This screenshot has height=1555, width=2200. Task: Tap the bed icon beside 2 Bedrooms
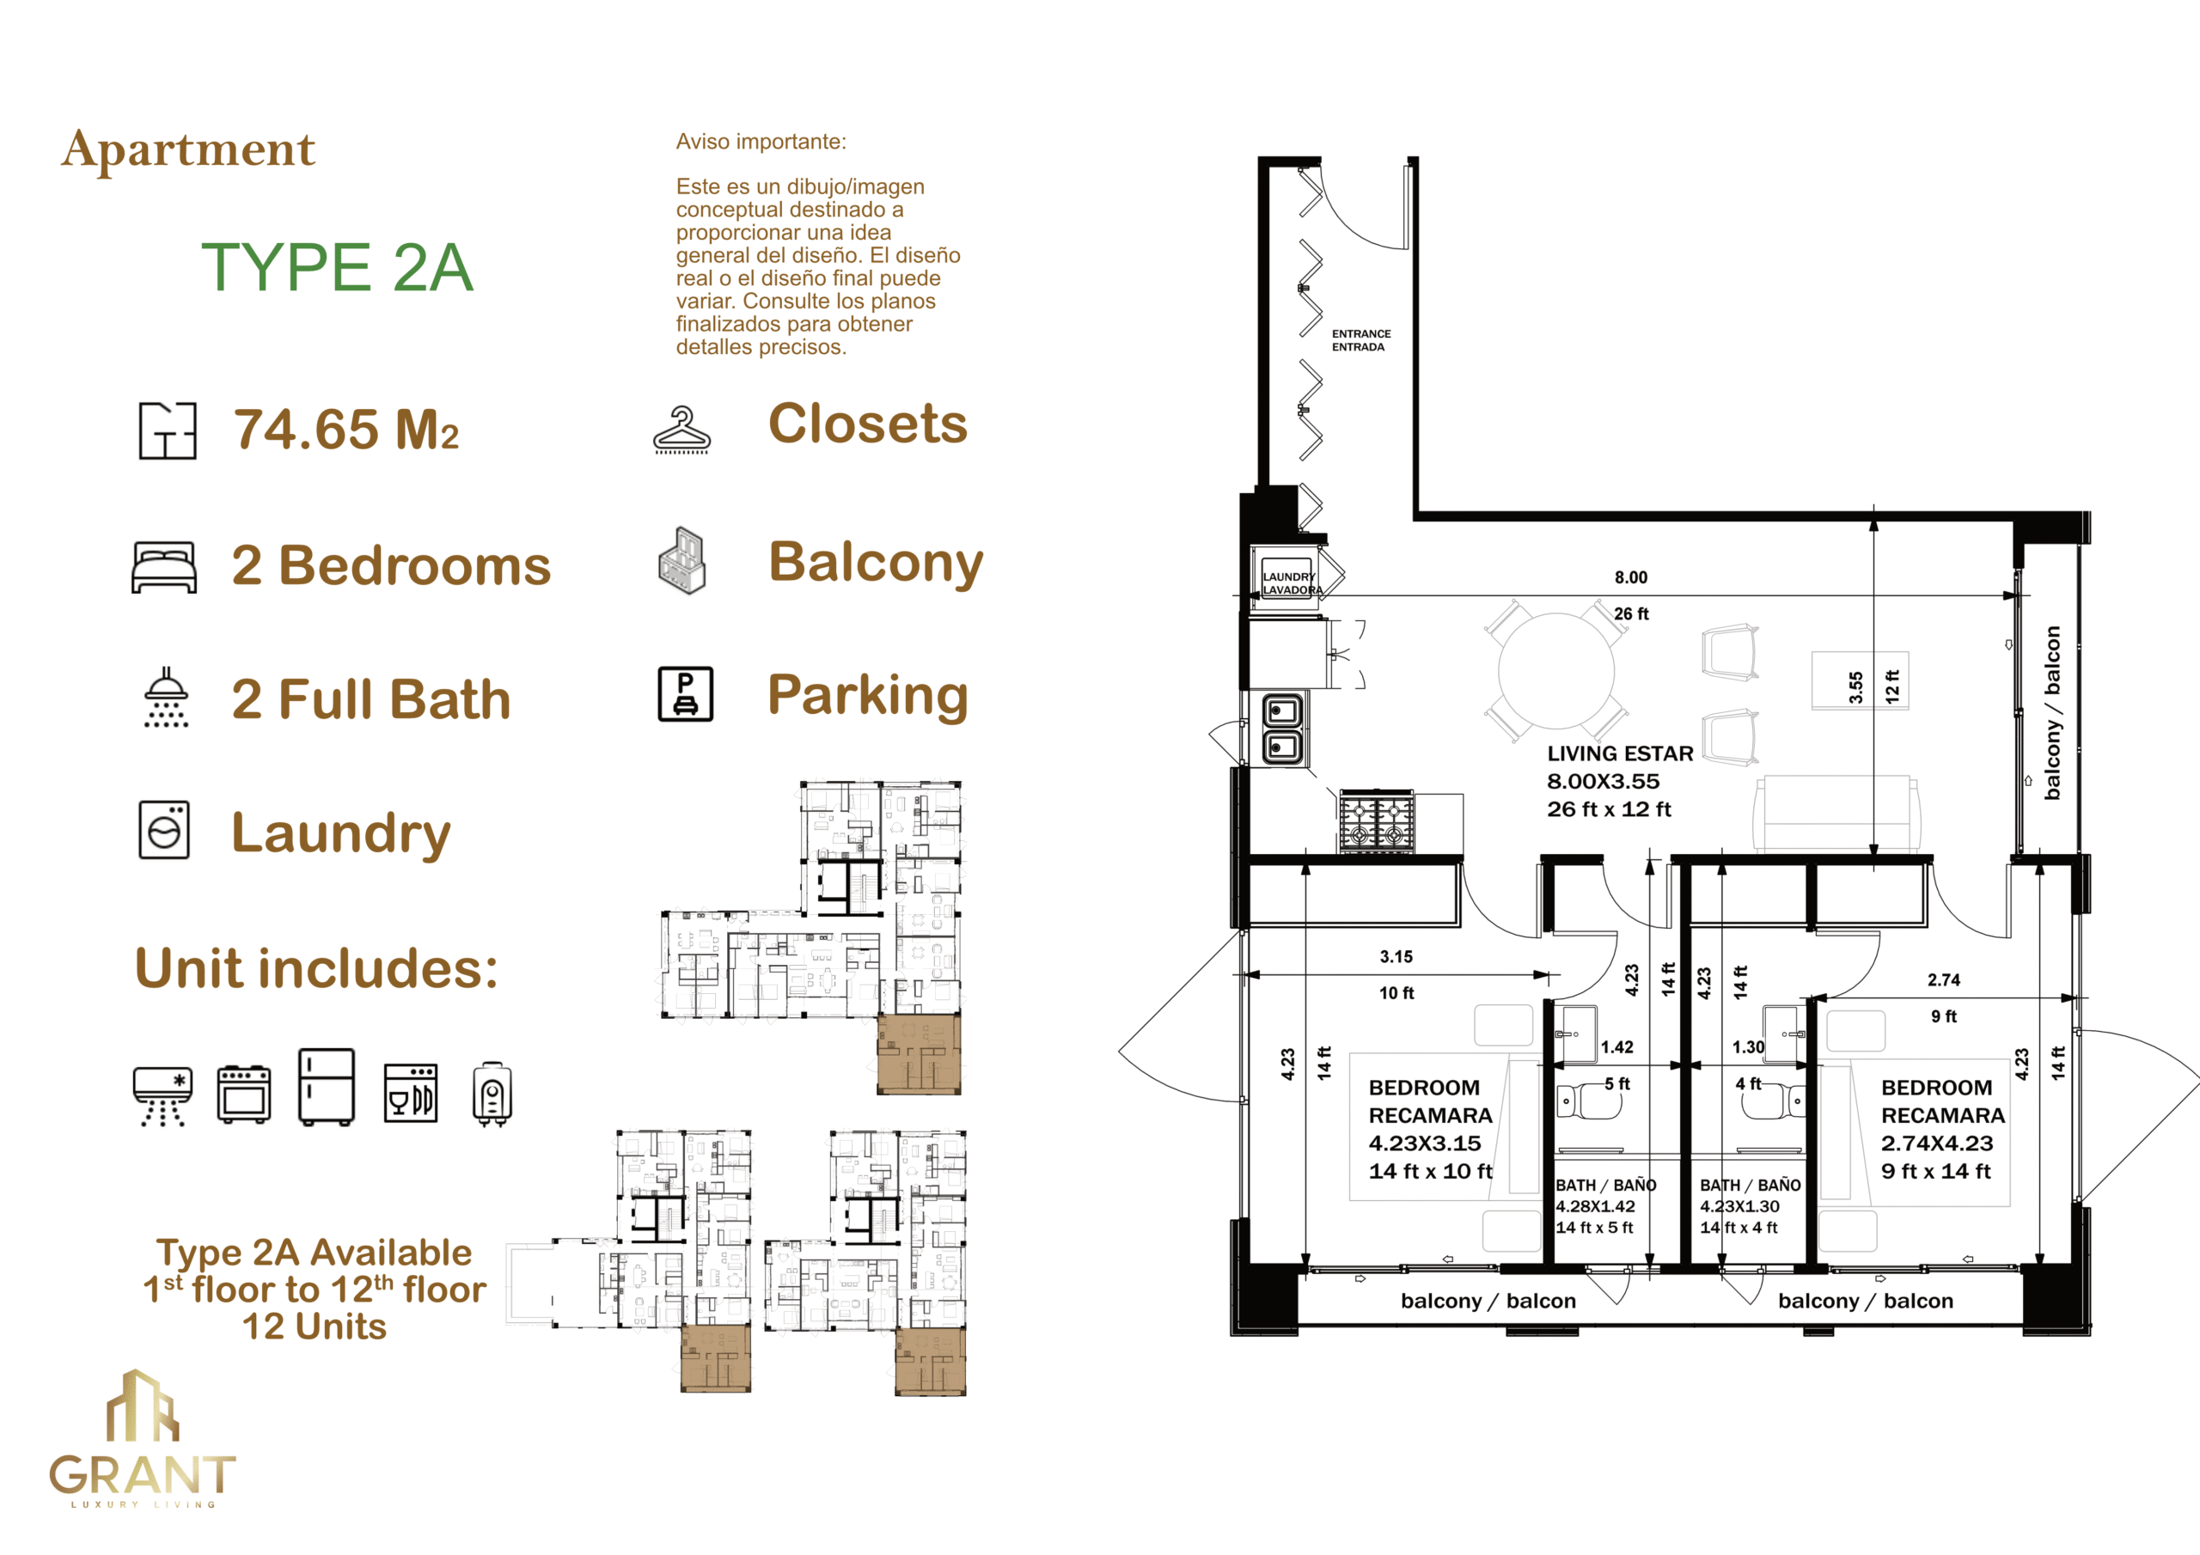[164, 567]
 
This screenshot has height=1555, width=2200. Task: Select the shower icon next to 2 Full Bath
[166, 698]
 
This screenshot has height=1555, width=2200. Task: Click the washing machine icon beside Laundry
[164, 830]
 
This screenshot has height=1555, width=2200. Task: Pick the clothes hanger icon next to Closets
[682, 430]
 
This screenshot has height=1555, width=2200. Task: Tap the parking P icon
[685, 693]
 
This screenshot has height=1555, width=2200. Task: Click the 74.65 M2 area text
[347, 430]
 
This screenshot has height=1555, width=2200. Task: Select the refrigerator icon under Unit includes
[327, 1087]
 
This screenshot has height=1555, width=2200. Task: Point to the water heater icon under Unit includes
[492, 1095]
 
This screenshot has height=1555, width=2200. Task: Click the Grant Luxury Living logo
[143, 1438]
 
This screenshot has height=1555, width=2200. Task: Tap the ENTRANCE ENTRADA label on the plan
[1360, 340]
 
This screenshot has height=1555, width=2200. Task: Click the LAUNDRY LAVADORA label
[1291, 583]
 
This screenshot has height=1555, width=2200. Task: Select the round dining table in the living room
[1556, 672]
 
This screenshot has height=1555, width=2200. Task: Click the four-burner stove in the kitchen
[1377, 820]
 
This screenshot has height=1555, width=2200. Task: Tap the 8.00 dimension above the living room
[1631, 576]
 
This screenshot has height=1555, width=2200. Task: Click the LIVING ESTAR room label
[1620, 753]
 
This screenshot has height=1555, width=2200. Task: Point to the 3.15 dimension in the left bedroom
[1396, 956]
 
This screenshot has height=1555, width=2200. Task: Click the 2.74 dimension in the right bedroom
[1944, 979]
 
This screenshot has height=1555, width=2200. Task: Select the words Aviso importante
[761, 142]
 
